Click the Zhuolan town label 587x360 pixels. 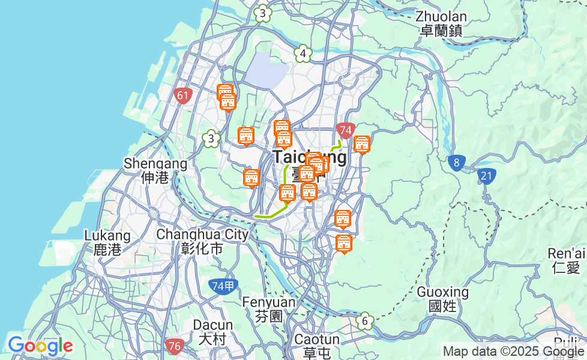tap(441, 23)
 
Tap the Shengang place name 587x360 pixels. tap(155, 170)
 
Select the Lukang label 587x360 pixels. tap(107, 242)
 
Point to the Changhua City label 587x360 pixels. tap(202, 241)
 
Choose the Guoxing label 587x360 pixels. tap(443, 299)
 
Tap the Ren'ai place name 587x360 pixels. tap(567, 260)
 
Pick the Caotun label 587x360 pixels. tap(317, 346)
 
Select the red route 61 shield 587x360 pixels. tap(183, 95)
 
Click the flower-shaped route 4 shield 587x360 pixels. tap(304, 54)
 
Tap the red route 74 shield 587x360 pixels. tap(345, 130)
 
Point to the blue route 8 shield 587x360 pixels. tap(457, 163)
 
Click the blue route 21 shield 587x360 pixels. tap(487, 176)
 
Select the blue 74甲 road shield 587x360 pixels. tap(223, 286)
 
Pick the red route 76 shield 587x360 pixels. tap(174, 346)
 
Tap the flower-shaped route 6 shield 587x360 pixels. tap(364, 321)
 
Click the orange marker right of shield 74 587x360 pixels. tap(361, 145)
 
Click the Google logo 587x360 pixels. tap(40, 346)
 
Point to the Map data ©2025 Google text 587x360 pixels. tap(513, 352)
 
